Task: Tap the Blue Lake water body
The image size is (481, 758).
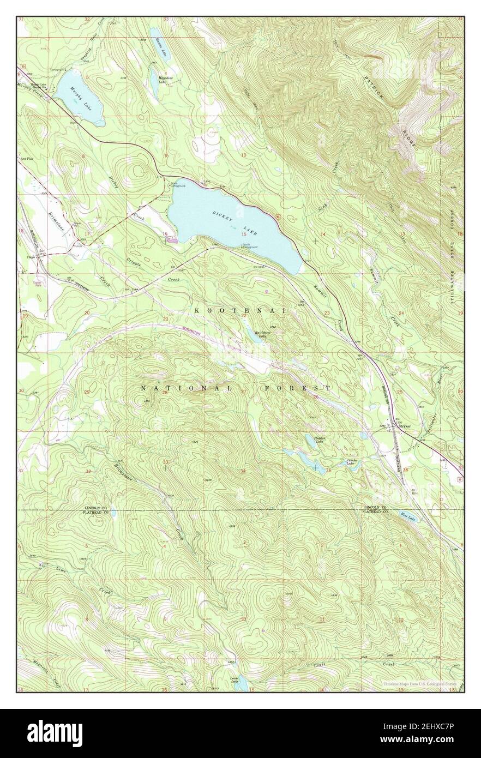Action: coord(407,516)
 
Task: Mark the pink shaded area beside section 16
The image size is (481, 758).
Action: coord(173,238)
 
